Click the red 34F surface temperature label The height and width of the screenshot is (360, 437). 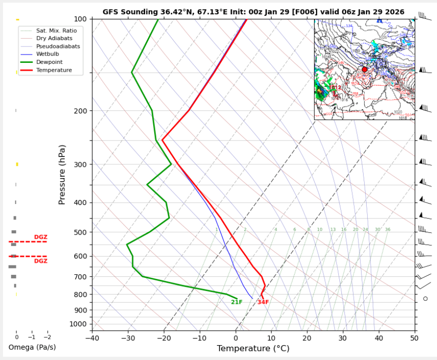point(263,303)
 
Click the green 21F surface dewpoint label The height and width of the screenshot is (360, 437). point(237,303)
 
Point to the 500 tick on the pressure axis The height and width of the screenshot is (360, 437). point(81,232)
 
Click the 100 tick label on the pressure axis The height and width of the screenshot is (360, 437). point(81,19)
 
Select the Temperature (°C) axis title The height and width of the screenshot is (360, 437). point(253,349)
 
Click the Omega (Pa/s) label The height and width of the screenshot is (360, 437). point(32,347)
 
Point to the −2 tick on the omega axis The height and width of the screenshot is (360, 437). point(47,337)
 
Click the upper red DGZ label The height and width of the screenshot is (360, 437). point(40,237)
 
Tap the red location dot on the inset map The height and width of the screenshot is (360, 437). point(365,70)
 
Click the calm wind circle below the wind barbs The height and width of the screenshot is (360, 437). point(425,299)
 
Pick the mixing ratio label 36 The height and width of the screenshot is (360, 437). point(387,230)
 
